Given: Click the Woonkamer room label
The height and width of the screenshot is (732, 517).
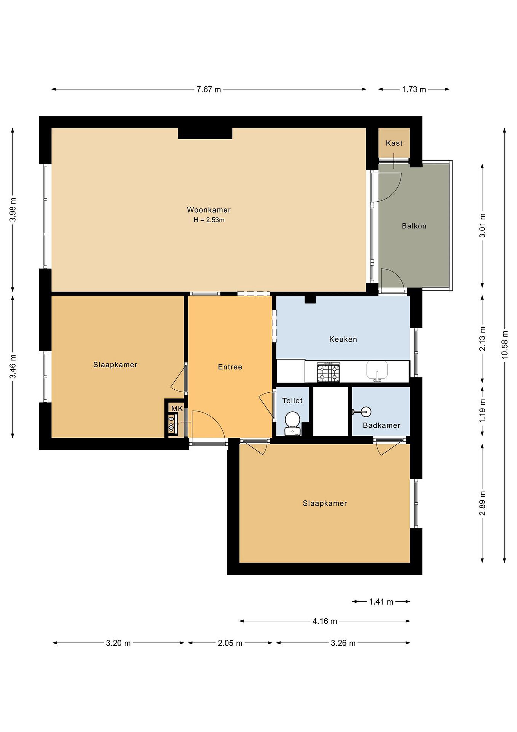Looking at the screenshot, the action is pos(209,210).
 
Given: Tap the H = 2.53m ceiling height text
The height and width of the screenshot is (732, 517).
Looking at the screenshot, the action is pos(209,220).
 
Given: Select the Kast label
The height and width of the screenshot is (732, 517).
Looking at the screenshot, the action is pos(394,143).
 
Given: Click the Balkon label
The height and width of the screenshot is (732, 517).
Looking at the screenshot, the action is pos(414,226).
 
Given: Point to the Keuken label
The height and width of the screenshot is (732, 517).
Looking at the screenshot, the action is pos(343,339).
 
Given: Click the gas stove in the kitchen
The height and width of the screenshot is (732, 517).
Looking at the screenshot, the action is pos(328,372).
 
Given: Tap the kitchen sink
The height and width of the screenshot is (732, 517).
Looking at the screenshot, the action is pos(377,371).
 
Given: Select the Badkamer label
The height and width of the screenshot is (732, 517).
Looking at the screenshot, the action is pos(381,425).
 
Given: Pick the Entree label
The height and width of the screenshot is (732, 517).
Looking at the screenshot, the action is pos(230,367).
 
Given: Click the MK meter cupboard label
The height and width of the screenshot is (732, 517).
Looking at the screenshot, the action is pos(177,409).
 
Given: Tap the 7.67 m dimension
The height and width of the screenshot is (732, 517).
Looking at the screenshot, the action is pos(209,89).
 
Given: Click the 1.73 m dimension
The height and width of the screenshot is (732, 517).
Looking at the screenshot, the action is pos(414,89).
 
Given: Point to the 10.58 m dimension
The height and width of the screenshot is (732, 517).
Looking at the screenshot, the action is pos(505,345).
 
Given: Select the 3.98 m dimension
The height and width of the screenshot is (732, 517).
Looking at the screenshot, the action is pos(13,209).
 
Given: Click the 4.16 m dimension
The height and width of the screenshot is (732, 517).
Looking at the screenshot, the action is pos(325,621).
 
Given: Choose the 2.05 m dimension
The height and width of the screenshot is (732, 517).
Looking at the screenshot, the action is pos(230,643).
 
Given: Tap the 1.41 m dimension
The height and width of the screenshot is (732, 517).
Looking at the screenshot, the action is pos(381,602).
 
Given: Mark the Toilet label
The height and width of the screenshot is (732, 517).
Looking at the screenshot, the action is pos(292,400).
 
